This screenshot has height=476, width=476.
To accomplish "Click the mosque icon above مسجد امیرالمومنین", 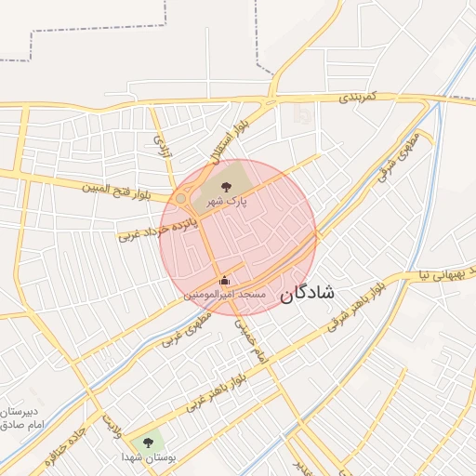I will tap(223, 279).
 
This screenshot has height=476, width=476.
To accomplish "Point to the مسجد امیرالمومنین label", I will tap(225, 294).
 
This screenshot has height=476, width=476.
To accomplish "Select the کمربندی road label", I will tap(356, 98).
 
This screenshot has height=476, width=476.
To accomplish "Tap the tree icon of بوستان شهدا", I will tap(149, 443).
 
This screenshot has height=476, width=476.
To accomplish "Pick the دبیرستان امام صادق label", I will tap(22, 417).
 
